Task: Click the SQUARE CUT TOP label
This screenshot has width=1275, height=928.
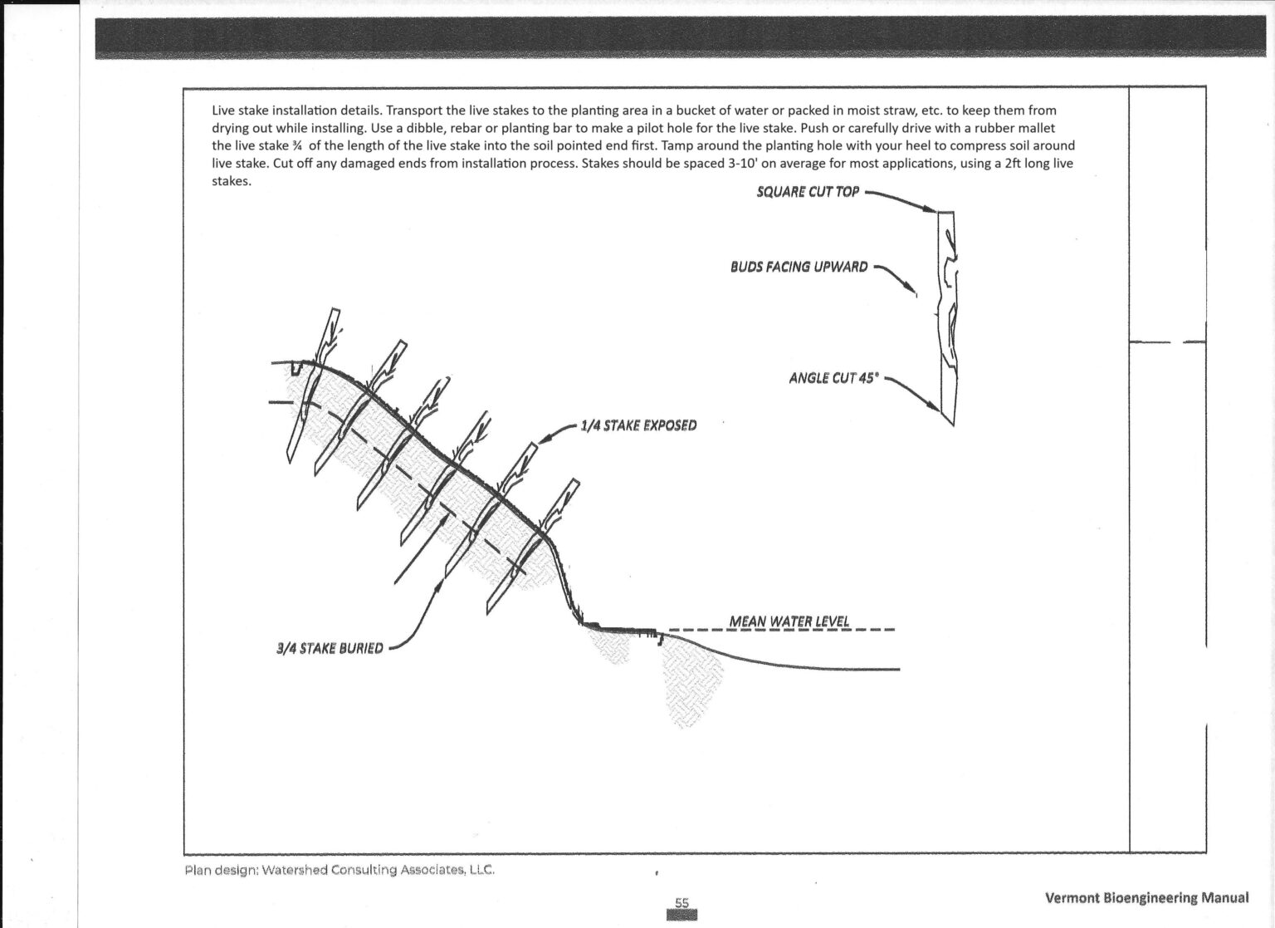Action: pyautogui.click(x=808, y=192)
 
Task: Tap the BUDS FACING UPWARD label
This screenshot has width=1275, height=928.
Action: pyautogui.click(x=799, y=267)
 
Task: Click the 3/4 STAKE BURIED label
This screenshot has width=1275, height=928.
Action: pyautogui.click(x=330, y=647)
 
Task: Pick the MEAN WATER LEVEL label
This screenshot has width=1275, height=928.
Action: pyautogui.click(x=789, y=621)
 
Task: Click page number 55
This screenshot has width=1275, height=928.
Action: pyautogui.click(x=681, y=903)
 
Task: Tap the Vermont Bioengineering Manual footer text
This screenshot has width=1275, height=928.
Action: pyautogui.click(x=1146, y=897)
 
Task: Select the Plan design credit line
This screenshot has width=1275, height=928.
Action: pyautogui.click(x=340, y=871)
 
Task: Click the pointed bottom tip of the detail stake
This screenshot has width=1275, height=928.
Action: pyautogui.click(x=952, y=425)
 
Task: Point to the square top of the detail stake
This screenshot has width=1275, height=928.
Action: pyautogui.click(x=945, y=214)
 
